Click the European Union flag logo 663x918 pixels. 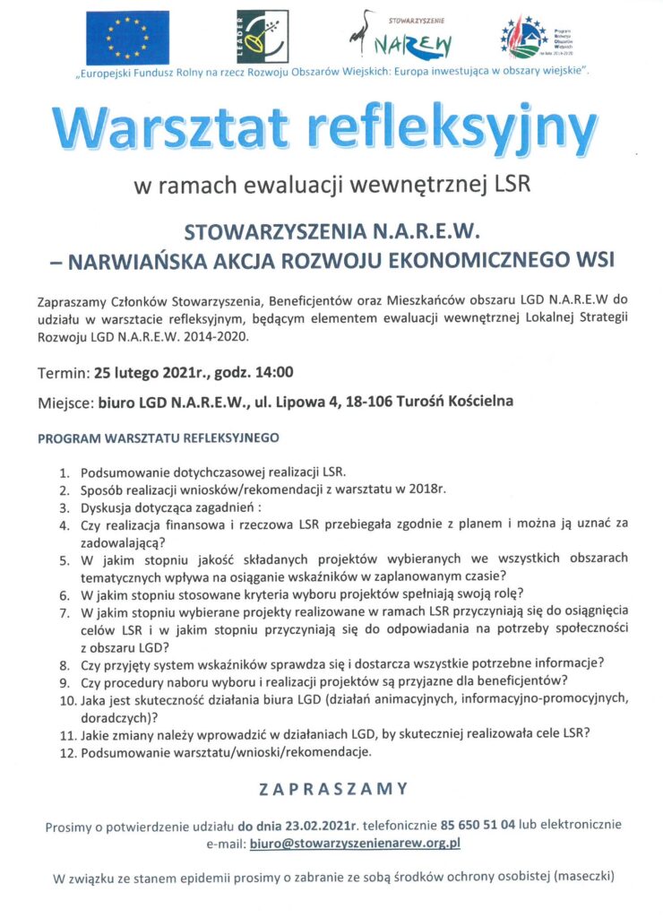pyautogui.click(x=127, y=38)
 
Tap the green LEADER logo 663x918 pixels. pyautogui.click(x=254, y=38)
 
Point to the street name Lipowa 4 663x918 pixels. pyautogui.click(x=318, y=401)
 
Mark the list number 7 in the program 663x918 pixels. pyautogui.click(x=65, y=614)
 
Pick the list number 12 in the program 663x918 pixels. pyautogui.click(x=66, y=753)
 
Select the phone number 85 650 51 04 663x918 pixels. pyautogui.click(x=477, y=825)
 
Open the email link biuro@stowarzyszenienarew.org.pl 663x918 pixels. pyautogui.click(x=355, y=843)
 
